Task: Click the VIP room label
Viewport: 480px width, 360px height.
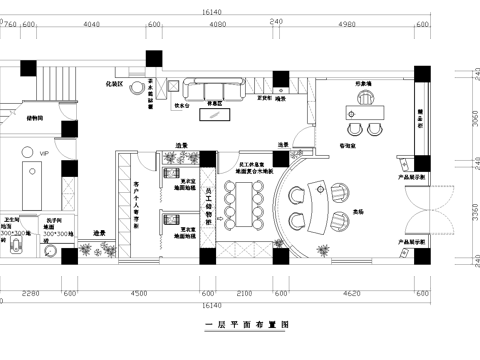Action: pos(43,152)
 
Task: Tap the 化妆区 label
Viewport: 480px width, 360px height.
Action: pos(116,85)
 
